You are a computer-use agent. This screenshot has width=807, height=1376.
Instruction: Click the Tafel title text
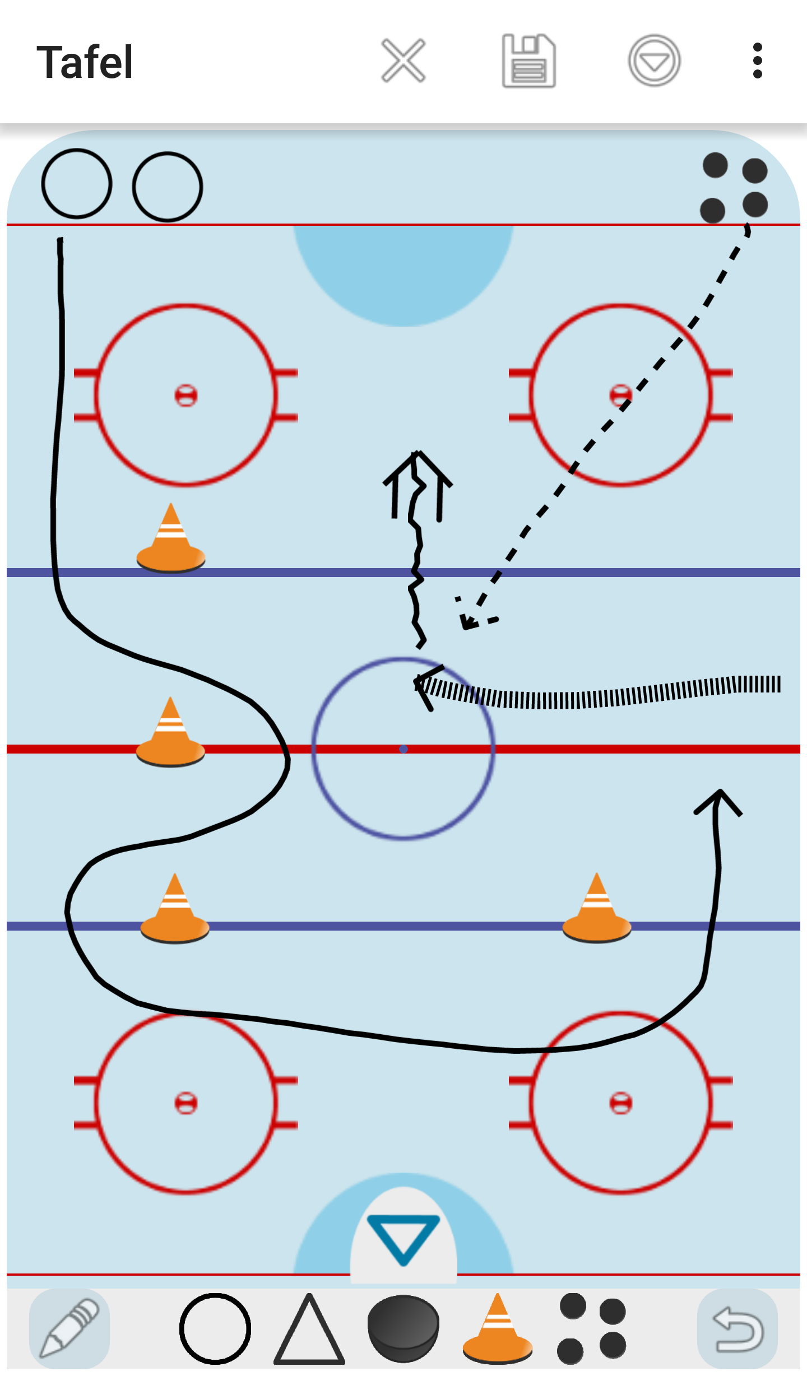[x=85, y=62]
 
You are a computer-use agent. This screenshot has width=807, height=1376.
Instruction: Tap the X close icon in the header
[x=403, y=61]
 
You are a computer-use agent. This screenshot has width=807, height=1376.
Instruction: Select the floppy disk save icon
[x=528, y=61]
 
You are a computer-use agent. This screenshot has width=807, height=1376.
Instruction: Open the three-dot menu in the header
[x=757, y=61]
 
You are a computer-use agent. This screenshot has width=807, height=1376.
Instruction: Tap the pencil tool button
[x=69, y=1328]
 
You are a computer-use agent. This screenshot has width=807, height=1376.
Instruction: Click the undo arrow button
[x=738, y=1328]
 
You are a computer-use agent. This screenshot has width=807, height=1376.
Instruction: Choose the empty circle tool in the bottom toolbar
[x=215, y=1328]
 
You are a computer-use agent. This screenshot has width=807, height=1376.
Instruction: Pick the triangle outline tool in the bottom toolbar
[x=309, y=1329]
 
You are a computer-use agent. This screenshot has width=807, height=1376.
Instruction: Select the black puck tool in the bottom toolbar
[x=403, y=1328]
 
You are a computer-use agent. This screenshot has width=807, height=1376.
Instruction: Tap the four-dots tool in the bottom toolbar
[x=591, y=1328]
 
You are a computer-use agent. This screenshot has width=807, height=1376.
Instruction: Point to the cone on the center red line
[x=170, y=734]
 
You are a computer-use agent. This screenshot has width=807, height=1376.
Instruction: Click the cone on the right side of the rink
[x=597, y=910]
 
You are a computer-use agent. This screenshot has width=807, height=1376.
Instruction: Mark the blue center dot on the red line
[x=403, y=749]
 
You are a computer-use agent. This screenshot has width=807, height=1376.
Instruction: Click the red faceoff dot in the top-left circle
[x=186, y=396]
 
